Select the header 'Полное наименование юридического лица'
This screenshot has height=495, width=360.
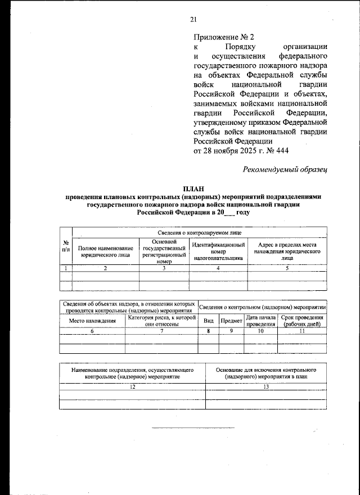pyautogui.click(x=106, y=251)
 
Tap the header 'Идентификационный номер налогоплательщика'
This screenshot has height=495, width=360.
pyautogui.click(x=218, y=251)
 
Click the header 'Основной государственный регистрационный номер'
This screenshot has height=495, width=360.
pyautogui.click(x=164, y=251)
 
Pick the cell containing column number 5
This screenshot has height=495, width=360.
pyautogui.click(x=287, y=268)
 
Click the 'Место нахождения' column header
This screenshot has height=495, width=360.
pyautogui.click(x=92, y=321)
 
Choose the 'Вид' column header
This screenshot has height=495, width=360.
pyautogui.click(x=208, y=321)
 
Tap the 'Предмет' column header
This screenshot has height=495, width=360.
pyautogui.click(x=231, y=321)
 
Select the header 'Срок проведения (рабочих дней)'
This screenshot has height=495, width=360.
pyautogui.click(x=302, y=321)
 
